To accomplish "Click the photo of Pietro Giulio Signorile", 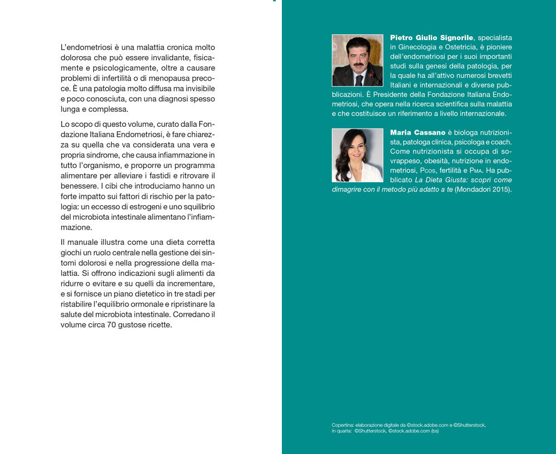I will pos(358,60).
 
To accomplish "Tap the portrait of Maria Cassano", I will pos(358,155).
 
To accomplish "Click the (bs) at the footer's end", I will pos(435,431).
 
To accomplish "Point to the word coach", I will pos(501,142).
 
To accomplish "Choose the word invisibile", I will pos(197,89).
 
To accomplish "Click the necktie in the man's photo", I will pos(359,80).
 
